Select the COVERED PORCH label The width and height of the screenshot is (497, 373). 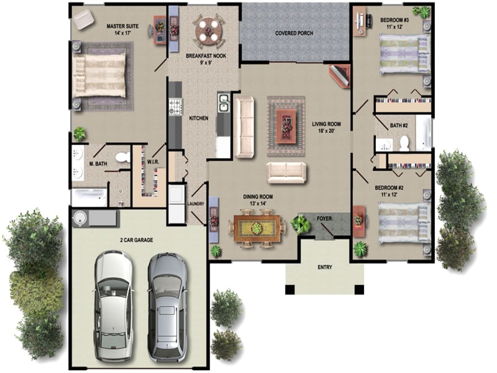[x=294, y=33]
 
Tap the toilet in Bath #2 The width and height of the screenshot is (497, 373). [x=405, y=143]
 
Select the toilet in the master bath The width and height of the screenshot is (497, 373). [x=124, y=157]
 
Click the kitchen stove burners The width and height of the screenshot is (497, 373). [x=175, y=106]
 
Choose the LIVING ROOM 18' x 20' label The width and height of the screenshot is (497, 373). [x=326, y=127]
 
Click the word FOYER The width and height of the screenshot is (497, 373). [x=324, y=218]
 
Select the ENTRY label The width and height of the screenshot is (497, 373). [x=325, y=267]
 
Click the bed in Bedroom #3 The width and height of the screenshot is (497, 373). [x=404, y=53]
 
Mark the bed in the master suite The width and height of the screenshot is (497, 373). [x=100, y=75]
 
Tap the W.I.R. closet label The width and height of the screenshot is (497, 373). [x=151, y=162]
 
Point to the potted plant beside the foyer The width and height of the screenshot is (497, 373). [x=300, y=224]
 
